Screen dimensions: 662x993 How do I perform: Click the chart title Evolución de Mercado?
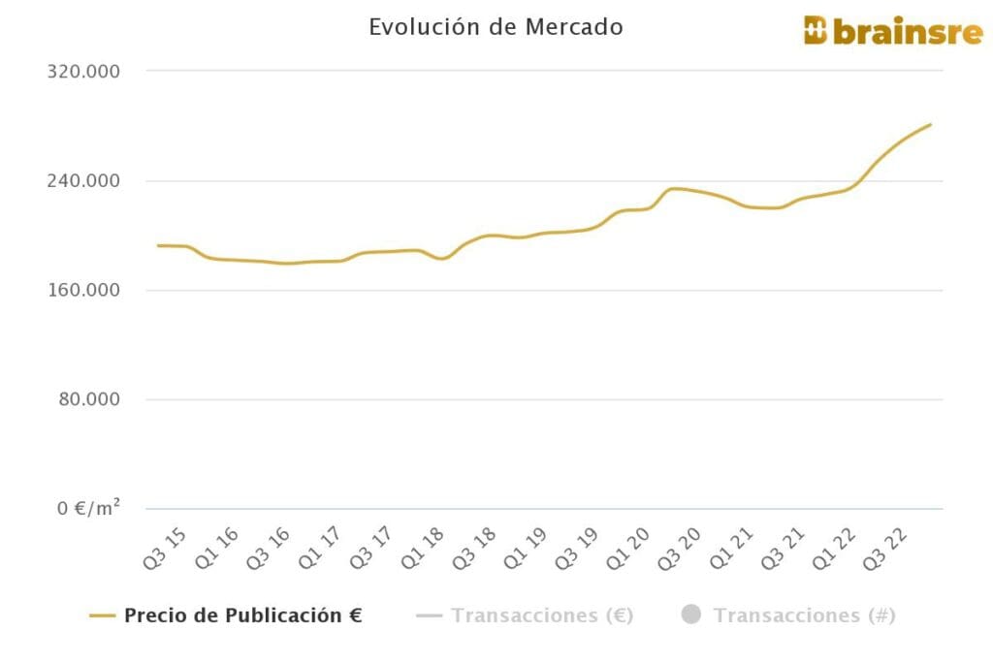[496, 27]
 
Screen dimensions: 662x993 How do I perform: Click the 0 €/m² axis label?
[86, 509]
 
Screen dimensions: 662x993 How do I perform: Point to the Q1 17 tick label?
[324, 548]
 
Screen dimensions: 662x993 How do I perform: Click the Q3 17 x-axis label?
[375, 548]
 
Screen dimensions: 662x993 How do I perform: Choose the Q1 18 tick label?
[428, 548]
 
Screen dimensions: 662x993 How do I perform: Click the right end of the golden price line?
[930, 125]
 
